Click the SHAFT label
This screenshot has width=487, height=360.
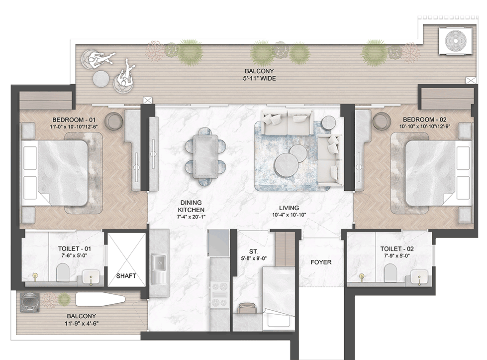pos(126,276)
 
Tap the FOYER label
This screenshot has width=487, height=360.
pos(321,262)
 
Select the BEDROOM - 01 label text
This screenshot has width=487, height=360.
pos(74,120)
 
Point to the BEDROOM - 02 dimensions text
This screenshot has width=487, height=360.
pos(425,126)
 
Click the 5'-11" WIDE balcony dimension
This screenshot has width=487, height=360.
pos(259,79)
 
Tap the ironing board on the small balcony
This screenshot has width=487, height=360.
pos(100,300)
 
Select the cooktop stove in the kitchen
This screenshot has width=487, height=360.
pos(219,295)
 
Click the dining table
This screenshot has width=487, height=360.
pos(204,157)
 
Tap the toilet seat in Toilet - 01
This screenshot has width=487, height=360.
pos(63,272)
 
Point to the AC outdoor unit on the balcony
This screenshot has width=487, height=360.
pos(456,41)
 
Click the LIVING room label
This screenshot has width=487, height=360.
pos(289,208)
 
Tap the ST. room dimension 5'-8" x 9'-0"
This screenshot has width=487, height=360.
pos(254,258)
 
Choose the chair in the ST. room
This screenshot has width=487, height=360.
pos(246,308)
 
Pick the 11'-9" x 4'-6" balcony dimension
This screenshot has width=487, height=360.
pos(82,323)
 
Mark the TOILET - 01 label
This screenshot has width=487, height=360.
pos(75,248)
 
